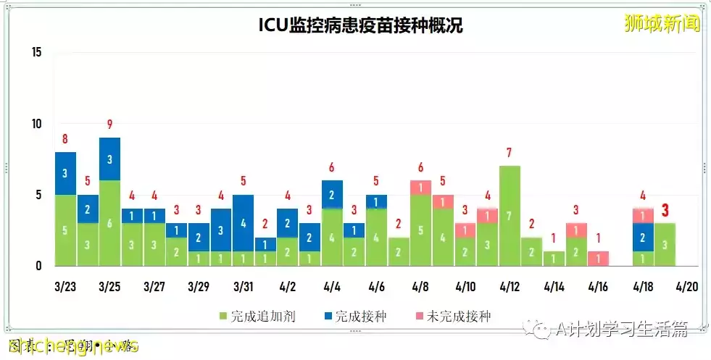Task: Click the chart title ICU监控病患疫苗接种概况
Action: [360, 26]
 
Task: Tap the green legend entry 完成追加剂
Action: [257, 317]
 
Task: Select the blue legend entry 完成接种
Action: [359, 317]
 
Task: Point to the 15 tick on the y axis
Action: [37, 52]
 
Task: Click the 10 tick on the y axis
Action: [37, 124]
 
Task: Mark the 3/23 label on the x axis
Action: [65, 287]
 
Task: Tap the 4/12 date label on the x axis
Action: [510, 287]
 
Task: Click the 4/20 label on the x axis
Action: [686, 287]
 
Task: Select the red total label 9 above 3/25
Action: [109, 125]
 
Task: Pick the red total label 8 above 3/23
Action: [65, 139]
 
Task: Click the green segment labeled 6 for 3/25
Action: [109, 223]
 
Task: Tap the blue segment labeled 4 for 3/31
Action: [243, 223]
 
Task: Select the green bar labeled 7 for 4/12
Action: [510, 216]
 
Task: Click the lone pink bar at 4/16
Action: [598, 259]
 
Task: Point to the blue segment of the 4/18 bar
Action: [642, 237]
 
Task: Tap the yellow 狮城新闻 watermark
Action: [662, 24]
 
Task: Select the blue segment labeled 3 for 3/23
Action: [65, 173]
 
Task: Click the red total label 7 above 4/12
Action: [510, 153]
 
